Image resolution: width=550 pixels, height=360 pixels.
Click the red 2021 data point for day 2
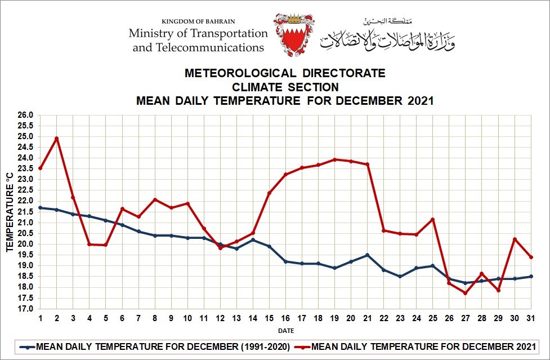click(x=56, y=138)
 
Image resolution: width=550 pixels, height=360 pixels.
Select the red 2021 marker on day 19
click(x=334, y=159)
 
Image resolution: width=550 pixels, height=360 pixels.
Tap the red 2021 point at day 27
click(x=465, y=293)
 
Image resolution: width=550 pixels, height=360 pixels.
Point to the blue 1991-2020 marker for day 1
click(x=40, y=207)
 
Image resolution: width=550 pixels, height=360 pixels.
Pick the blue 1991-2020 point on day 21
click(x=367, y=255)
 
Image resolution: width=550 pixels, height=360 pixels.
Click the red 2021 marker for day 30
click(x=514, y=239)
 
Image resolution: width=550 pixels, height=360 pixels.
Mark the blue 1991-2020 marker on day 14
click(x=253, y=239)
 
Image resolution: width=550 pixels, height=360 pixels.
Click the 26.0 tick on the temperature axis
click(x=26, y=115)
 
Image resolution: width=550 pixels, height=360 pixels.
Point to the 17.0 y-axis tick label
click(x=26, y=309)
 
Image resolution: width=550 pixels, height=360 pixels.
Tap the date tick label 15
click(x=269, y=318)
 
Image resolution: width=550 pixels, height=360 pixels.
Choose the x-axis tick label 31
click(x=530, y=318)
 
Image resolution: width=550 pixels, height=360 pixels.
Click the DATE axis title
click(x=285, y=331)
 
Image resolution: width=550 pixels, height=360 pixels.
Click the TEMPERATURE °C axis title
click(x=10, y=212)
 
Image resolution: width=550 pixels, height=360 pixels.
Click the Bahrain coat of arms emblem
click(x=293, y=35)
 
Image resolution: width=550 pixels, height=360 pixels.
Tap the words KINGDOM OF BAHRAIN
click(x=198, y=21)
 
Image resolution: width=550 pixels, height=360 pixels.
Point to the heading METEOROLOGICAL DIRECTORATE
click(x=285, y=73)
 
